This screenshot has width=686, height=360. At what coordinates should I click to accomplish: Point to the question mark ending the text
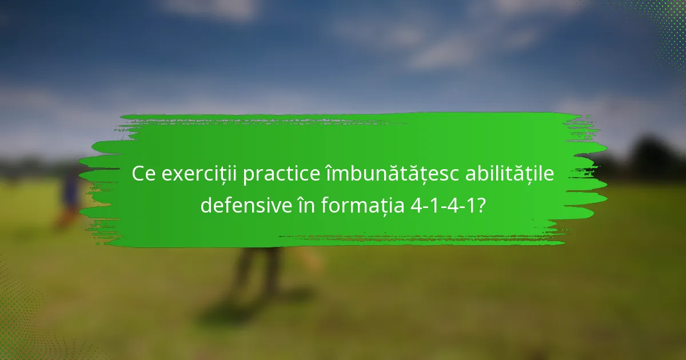(x=481, y=205)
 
